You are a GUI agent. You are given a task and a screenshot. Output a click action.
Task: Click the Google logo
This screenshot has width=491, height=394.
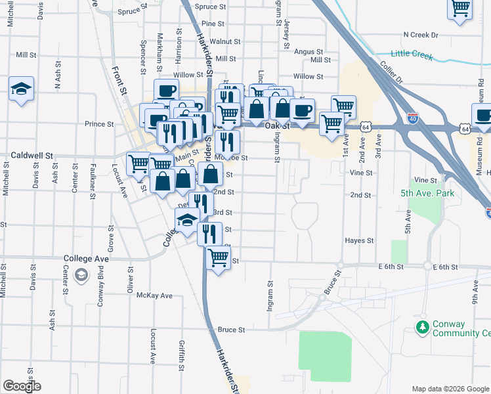(22, 386)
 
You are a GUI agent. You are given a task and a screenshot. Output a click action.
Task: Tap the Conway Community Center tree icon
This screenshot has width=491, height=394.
(423, 326)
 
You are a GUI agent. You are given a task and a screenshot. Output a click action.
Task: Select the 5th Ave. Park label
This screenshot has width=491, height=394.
(427, 194)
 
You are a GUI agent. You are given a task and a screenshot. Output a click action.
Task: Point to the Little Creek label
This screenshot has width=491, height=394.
(412, 55)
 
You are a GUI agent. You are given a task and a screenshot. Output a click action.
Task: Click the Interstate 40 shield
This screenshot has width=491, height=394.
(413, 119)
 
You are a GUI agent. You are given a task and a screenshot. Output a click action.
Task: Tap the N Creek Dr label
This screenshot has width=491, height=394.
(420, 34)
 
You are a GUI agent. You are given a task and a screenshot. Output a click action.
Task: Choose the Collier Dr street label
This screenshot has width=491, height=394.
(393, 75)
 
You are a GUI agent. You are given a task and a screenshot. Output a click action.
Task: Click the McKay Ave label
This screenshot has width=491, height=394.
(154, 295)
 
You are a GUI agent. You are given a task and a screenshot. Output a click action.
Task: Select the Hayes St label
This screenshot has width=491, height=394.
(358, 241)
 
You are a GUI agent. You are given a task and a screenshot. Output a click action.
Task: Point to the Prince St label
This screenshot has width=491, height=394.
(99, 123)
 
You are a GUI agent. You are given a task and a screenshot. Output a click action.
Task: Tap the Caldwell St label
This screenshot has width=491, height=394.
(31, 156)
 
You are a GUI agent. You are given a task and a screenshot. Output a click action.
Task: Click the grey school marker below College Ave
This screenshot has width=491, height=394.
(81, 275)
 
